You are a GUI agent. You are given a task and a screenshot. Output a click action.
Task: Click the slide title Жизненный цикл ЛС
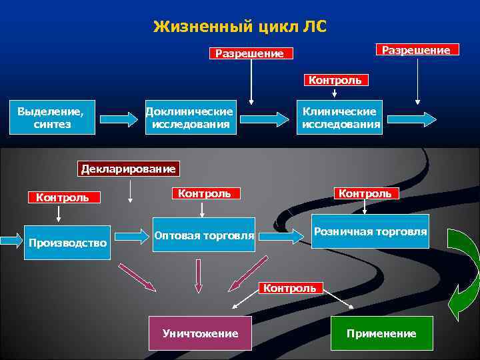[240, 27]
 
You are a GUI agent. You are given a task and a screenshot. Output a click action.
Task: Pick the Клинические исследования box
[340, 117]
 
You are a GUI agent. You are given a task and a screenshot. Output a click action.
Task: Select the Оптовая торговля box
[204, 235]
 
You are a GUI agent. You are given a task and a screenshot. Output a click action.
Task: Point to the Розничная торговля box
[371, 232]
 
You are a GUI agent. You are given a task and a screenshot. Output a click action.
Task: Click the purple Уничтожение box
[200, 333]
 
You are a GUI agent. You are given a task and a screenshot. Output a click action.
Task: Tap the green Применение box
[381, 333]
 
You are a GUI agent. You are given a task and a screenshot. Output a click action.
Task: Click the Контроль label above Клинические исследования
[335, 80]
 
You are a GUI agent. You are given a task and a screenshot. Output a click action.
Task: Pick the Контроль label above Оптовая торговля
[204, 193]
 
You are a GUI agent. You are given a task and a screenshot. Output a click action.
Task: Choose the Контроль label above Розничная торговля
[365, 193]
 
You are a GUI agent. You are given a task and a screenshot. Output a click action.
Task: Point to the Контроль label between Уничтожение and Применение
[290, 288]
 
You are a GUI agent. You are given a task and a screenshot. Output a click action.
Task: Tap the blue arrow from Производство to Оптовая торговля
[131, 235]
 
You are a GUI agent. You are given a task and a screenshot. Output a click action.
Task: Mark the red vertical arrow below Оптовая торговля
[197, 275]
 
